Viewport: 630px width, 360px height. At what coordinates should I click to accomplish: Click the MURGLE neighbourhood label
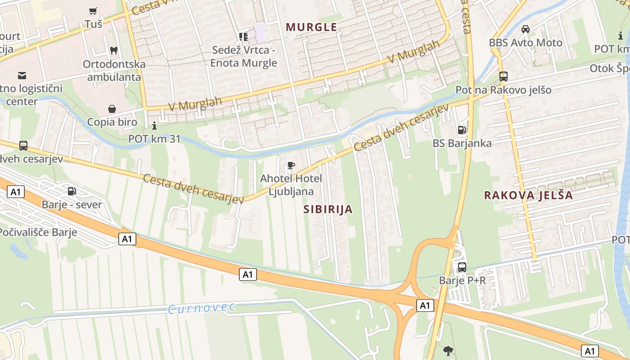pos(311,27)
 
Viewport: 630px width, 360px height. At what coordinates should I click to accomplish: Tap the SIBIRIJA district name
pos(328,209)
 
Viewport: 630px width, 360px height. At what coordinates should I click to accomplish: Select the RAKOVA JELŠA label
pos(528,195)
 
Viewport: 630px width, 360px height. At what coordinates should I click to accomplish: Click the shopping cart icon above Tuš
pos(93,11)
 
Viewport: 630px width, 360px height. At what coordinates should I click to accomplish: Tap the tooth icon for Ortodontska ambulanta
pos(114,50)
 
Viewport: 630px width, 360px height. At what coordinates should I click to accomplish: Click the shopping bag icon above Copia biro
pos(112,109)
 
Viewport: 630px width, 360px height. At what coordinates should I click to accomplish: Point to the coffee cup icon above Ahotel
pos(291,166)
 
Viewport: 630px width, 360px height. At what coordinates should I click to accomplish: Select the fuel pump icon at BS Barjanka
pos(462,130)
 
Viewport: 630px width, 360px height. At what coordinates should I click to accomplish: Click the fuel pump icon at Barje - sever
pos(72,191)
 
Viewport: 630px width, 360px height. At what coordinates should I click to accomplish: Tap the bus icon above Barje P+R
pos(462,267)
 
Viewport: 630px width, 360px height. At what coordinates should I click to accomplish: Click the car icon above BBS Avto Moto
pos(525,29)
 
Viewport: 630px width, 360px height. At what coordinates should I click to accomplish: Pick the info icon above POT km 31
pos(154,126)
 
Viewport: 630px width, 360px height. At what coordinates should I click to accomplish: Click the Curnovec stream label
pos(202,308)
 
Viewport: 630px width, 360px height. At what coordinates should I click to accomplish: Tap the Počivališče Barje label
pos(38,233)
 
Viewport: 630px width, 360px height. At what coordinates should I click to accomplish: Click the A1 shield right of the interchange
pos(424,306)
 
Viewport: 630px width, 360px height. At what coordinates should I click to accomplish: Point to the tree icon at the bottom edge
pos(448,350)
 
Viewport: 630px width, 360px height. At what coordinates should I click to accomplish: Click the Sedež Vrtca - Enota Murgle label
pos(243,56)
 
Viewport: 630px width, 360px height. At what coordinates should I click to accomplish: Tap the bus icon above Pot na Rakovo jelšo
pos(503,76)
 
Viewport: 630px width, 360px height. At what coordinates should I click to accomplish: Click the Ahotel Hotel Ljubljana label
pos(291,184)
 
